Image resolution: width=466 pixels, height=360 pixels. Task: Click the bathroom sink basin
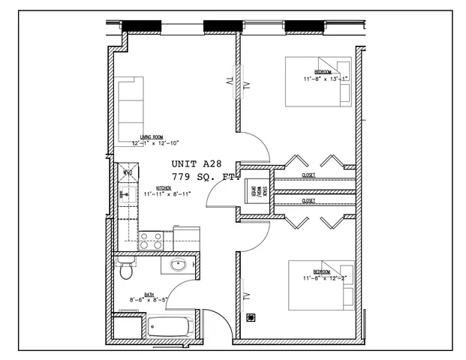point(179,265)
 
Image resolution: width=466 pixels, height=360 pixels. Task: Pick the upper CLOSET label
point(308,175)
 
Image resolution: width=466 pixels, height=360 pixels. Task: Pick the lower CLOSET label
point(308,201)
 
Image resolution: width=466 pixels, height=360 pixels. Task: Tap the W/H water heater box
point(128,173)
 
